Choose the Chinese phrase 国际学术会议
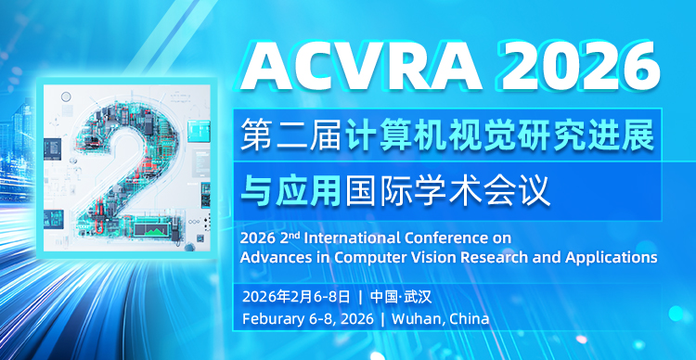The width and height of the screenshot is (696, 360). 448,192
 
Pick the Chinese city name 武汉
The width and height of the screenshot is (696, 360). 418,297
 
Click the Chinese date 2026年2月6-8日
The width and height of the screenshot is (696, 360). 296,297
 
